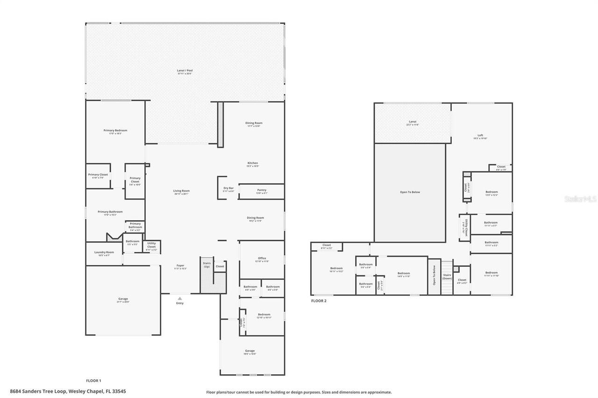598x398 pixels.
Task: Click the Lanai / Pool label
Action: (185, 70)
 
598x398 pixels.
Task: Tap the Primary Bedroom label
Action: (115, 131)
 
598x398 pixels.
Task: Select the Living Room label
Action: (181, 190)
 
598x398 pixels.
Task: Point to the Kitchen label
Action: (252, 163)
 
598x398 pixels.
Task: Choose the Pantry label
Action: (262, 190)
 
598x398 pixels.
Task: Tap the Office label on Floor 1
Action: (262, 258)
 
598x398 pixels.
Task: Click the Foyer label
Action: (180, 266)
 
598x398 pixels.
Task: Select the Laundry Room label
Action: (104, 252)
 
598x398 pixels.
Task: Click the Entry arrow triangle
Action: (180, 298)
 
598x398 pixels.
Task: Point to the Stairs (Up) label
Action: (206, 265)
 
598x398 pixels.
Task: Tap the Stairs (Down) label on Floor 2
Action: (447, 277)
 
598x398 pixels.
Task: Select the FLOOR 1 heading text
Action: (93, 381)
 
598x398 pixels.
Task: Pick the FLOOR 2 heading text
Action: (319, 301)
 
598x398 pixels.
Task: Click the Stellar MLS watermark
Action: (581, 199)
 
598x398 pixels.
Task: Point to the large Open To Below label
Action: (410, 192)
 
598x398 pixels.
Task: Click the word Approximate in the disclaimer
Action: (378, 392)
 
